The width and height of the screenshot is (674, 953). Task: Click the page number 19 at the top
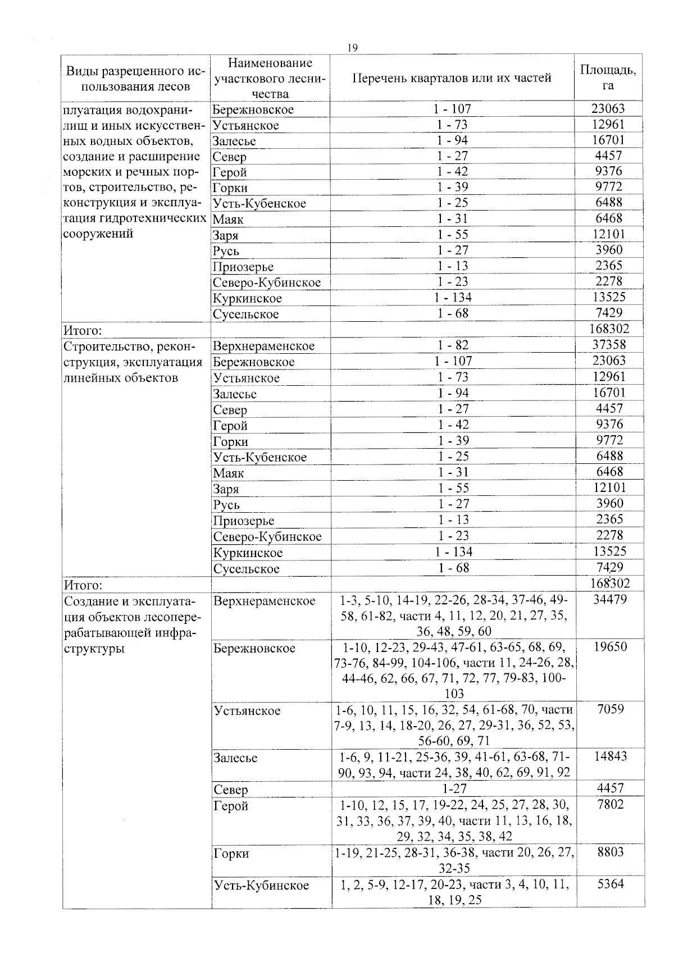click(x=352, y=48)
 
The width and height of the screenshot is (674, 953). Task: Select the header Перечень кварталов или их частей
click(x=452, y=78)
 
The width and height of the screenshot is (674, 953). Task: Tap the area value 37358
click(x=609, y=344)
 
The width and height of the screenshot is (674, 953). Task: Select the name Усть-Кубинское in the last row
click(x=261, y=886)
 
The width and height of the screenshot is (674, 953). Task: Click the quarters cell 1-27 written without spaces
click(x=452, y=788)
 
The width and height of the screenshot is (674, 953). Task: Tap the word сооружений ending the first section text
click(x=98, y=234)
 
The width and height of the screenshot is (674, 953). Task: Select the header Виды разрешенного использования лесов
click(x=135, y=79)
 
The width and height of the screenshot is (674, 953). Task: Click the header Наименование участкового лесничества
click(x=270, y=78)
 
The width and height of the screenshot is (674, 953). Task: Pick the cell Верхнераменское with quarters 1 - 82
click(x=263, y=346)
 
